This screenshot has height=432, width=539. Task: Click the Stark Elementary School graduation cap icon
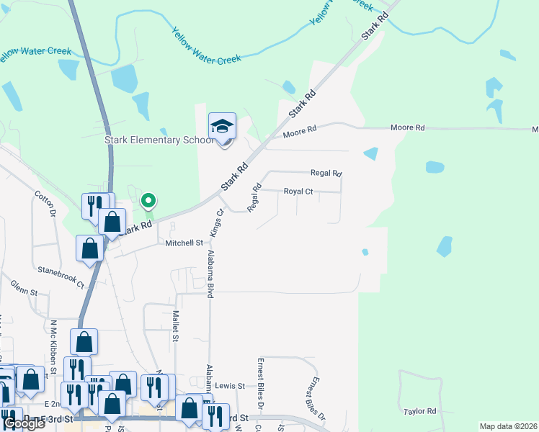[222, 126]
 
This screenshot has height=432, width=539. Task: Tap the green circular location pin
[148, 201]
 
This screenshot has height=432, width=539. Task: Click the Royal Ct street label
[298, 192]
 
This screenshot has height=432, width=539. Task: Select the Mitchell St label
[184, 243]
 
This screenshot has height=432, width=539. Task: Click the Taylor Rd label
[420, 411]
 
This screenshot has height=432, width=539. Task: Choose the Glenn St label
[24, 292]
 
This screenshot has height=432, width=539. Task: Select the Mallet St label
[175, 326]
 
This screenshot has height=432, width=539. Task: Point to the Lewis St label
[230, 386]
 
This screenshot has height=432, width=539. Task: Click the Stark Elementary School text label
[159, 140]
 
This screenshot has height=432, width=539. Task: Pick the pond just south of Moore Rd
[370, 153]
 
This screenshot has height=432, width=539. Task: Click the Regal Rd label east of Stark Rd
[326, 173]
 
